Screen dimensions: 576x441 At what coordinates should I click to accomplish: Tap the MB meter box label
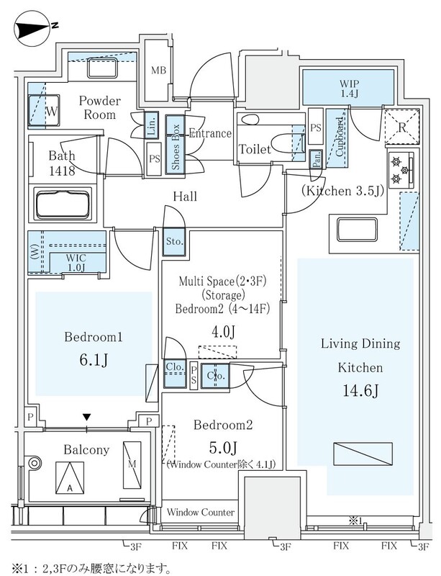(159, 71)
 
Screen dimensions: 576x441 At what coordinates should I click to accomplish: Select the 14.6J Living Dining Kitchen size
(360, 392)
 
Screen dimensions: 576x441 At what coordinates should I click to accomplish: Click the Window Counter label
(201, 512)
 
